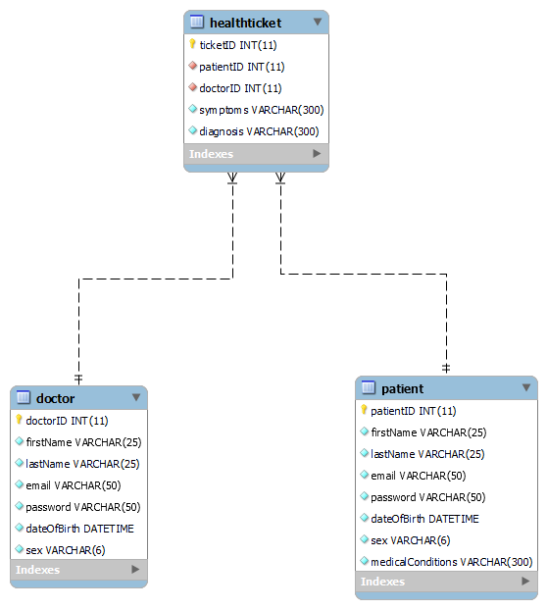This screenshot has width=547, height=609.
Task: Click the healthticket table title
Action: tap(246, 22)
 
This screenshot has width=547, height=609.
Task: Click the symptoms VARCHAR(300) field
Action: tap(261, 110)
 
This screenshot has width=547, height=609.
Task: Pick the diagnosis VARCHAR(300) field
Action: tap(260, 131)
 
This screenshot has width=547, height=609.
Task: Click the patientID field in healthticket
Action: tap(242, 67)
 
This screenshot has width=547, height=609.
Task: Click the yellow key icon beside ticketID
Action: tap(192, 44)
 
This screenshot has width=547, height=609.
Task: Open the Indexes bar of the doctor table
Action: tap(78, 570)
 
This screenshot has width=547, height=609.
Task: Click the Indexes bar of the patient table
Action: tap(446, 582)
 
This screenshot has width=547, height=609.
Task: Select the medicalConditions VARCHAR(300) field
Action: tap(451, 562)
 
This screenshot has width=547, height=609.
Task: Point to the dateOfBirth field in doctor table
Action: tap(79, 529)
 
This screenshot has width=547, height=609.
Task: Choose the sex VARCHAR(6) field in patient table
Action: tap(410, 540)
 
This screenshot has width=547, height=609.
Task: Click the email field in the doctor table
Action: tap(73, 485)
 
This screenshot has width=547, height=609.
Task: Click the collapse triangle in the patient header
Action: tap(526, 388)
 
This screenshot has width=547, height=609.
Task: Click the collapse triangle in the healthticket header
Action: tap(317, 22)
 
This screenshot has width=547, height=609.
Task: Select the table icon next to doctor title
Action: tap(24, 398)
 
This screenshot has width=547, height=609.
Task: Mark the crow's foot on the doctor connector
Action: tap(232, 178)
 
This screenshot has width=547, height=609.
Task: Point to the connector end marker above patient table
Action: tap(446, 367)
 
